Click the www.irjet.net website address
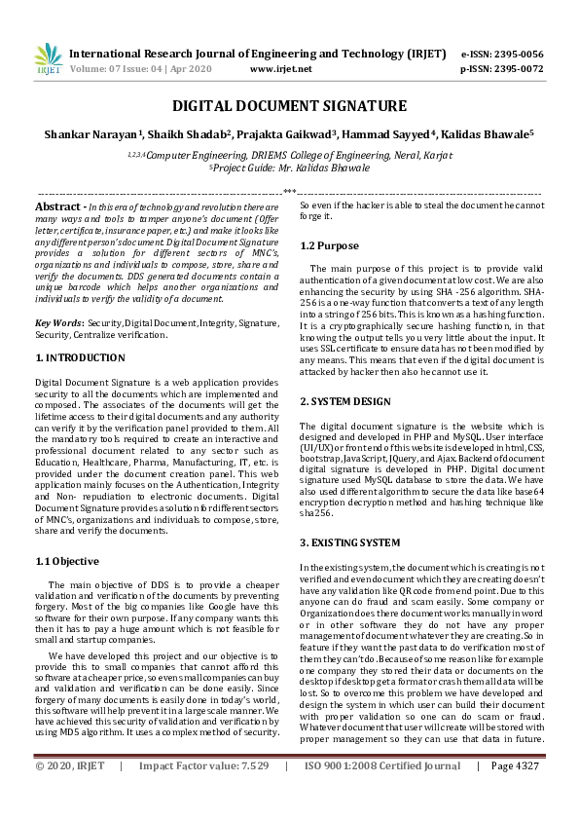coord(281,70)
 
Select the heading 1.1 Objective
coord(67,561)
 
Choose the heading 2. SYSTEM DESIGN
coord(345,401)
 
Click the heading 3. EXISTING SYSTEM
coord(349,541)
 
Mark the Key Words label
coord(57,322)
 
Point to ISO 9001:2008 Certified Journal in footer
coord(382,794)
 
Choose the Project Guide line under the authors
coord(289,168)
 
